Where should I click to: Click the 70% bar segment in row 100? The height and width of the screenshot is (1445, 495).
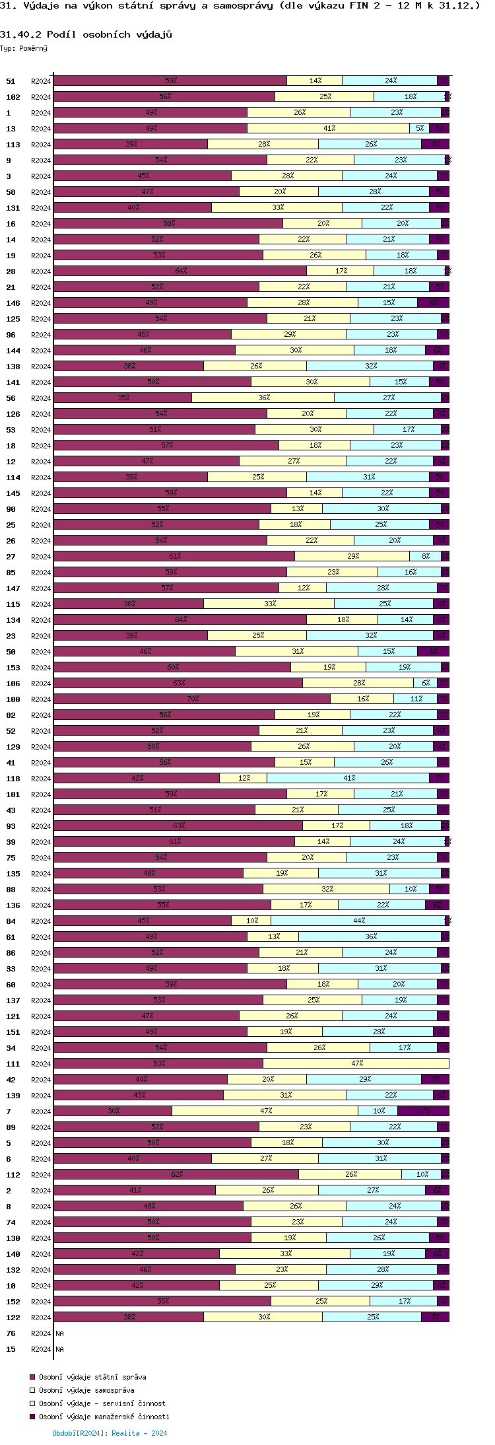pos(192,699)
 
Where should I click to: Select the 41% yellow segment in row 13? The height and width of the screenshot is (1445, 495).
pos(329,128)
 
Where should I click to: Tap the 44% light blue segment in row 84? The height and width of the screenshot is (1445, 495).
pos(358,921)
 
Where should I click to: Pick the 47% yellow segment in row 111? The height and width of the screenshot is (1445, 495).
pos(356,1063)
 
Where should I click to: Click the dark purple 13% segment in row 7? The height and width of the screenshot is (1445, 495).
pos(423,1111)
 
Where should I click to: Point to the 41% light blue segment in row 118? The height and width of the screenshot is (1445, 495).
pos(348,778)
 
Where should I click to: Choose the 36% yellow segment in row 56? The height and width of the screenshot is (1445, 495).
pos(263,398)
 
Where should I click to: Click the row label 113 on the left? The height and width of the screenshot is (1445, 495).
pos(13,145)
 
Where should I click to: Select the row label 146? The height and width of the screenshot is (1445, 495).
pos(13,303)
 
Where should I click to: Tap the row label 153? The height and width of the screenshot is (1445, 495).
pos(13,668)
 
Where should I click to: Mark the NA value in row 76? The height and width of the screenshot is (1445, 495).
pos(59,1333)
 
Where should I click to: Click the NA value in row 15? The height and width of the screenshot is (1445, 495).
pos(59,1349)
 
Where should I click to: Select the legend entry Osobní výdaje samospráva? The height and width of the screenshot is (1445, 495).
pos(86,1390)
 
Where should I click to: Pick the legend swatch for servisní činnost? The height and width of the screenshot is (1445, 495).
pos(32,1403)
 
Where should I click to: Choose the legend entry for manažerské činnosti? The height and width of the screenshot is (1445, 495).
pos(104,1417)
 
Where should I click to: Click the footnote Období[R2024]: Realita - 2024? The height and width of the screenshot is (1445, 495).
pos(110,1433)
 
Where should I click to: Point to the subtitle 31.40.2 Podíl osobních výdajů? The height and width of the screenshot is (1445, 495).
pos(86,34)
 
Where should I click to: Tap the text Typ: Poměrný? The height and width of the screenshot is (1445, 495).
pos(24,48)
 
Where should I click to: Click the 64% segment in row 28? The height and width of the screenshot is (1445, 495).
pos(180,271)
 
